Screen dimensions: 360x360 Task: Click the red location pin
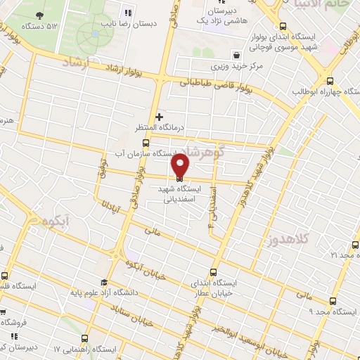coord(181,165)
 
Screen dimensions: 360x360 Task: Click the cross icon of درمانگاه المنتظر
coord(159,117)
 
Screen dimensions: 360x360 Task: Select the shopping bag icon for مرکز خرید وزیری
coord(236,54)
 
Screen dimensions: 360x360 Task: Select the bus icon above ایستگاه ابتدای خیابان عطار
coord(214,271)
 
